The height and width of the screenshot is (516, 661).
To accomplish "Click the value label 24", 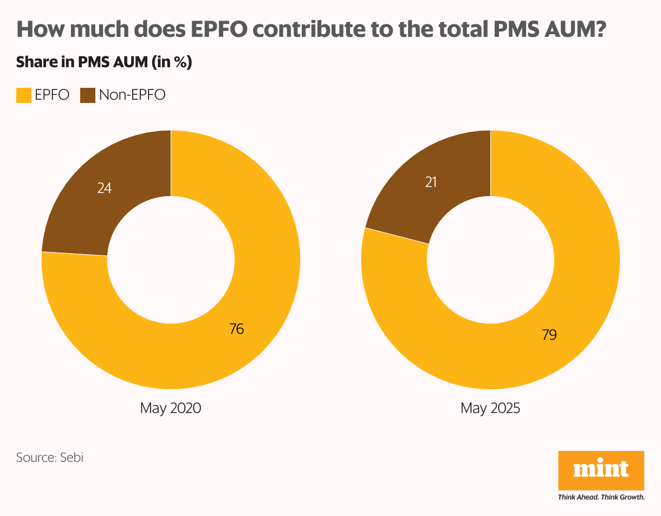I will click(x=105, y=188).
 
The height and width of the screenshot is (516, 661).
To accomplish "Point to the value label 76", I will click(x=236, y=328).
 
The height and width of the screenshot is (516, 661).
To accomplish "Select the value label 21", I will click(x=431, y=182).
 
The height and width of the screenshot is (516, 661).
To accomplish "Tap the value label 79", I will click(x=549, y=335).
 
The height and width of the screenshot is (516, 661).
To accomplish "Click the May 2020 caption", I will click(x=170, y=408).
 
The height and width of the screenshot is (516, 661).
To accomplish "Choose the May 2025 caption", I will click(x=490, y=408).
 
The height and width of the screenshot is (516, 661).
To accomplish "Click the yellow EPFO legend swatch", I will click(x=24, y=95).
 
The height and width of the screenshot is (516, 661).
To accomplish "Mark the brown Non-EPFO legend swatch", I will click(x=88, y=95).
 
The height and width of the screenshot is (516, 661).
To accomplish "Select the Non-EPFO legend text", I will click(x=132, y=95).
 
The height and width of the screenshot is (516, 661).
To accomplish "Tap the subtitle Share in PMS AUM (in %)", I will click(x=104, y=62).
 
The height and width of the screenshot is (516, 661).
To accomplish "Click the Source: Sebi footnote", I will click(x=50, y=457).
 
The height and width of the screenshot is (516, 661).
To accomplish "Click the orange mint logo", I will click(x=601, y=470).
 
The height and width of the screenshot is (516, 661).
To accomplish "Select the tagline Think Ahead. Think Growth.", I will click(x=601, y=496).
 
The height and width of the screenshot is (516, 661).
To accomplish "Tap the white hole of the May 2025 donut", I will click(x=490, y=260).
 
